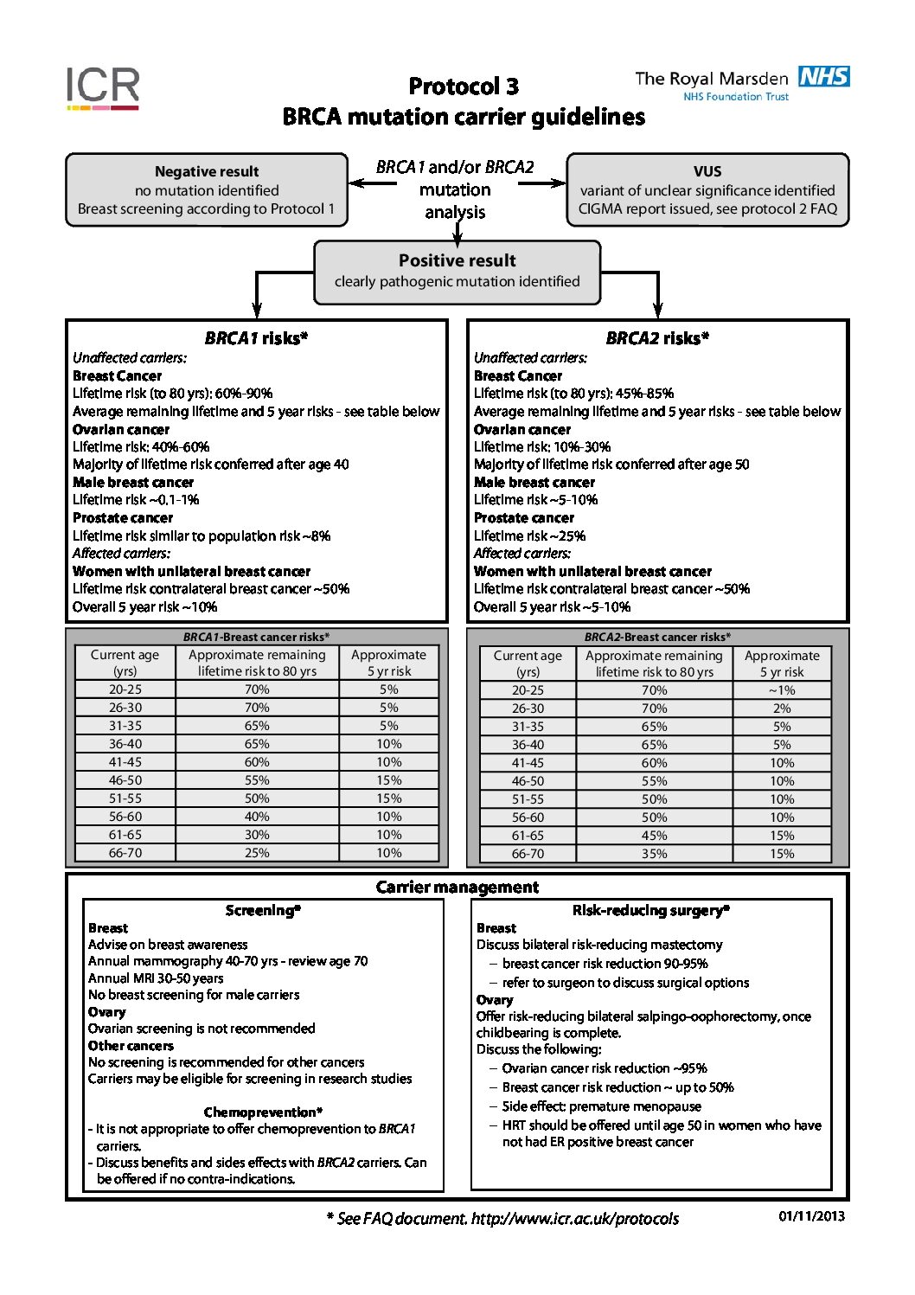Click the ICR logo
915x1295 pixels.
tap(103, 88)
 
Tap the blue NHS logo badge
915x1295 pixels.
tap(823, 77)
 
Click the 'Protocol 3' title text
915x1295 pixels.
tap(464, 87)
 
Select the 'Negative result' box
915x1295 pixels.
tap(207, 190)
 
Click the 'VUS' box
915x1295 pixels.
tap(707, 190)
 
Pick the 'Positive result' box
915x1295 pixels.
tap(457, 272)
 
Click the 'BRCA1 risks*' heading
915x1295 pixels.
tap(256, 338)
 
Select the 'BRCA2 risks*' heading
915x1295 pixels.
tap(657, 338)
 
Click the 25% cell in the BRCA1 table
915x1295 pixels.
tap(257, 853)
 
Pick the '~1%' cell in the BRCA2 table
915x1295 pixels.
tap(782, 690)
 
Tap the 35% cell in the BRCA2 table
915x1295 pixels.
tap(654, 854)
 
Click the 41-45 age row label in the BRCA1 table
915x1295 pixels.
tap(125, 762)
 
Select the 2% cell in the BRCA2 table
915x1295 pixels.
tap(782, 708)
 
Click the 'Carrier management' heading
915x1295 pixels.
tap(457, 888)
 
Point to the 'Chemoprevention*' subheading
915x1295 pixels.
tap(263, 1112)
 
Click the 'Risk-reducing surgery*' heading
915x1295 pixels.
tap(651, 911)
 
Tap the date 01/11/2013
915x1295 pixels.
tap(811, 1216)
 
